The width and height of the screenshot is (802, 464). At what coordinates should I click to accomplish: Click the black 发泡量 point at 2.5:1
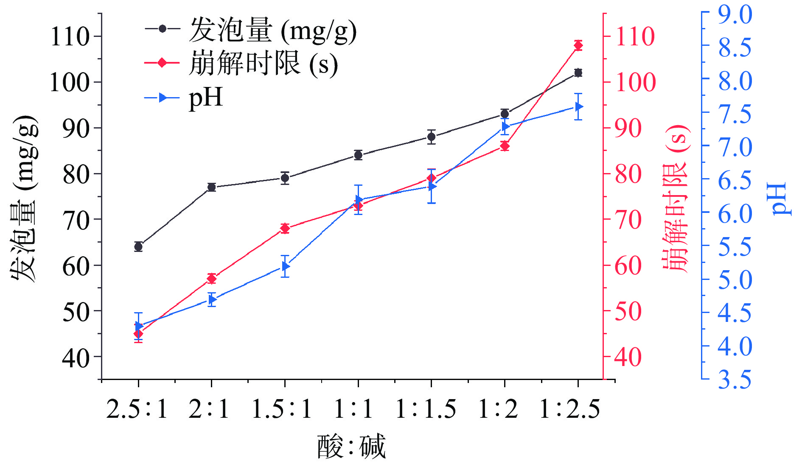pos(138,246)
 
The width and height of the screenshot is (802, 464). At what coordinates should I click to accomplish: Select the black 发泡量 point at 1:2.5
pos(578,73)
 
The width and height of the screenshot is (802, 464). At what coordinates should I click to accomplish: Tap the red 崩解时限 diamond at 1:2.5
pos(578,45)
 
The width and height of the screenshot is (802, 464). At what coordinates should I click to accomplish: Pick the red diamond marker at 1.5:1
pos(285,229)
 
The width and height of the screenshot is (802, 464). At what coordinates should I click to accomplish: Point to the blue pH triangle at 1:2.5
pos(579,106)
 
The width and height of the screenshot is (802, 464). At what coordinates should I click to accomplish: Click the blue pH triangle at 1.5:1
pos(286,266)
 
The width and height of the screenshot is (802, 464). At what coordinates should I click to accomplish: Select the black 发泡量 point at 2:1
pos(212,187)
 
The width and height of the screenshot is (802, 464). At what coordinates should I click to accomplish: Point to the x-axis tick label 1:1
pos(353,409)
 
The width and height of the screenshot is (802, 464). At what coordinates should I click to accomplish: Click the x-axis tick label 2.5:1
pos(137,409)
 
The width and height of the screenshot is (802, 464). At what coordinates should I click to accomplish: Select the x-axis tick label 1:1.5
pos(426,409)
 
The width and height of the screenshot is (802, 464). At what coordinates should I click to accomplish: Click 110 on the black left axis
pos(70,36)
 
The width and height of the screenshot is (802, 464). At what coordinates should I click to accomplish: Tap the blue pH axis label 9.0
pos(735,14)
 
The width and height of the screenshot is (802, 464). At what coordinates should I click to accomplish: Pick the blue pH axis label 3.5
pos(735,379)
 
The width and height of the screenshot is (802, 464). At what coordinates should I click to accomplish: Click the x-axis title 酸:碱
pos(351,446)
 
